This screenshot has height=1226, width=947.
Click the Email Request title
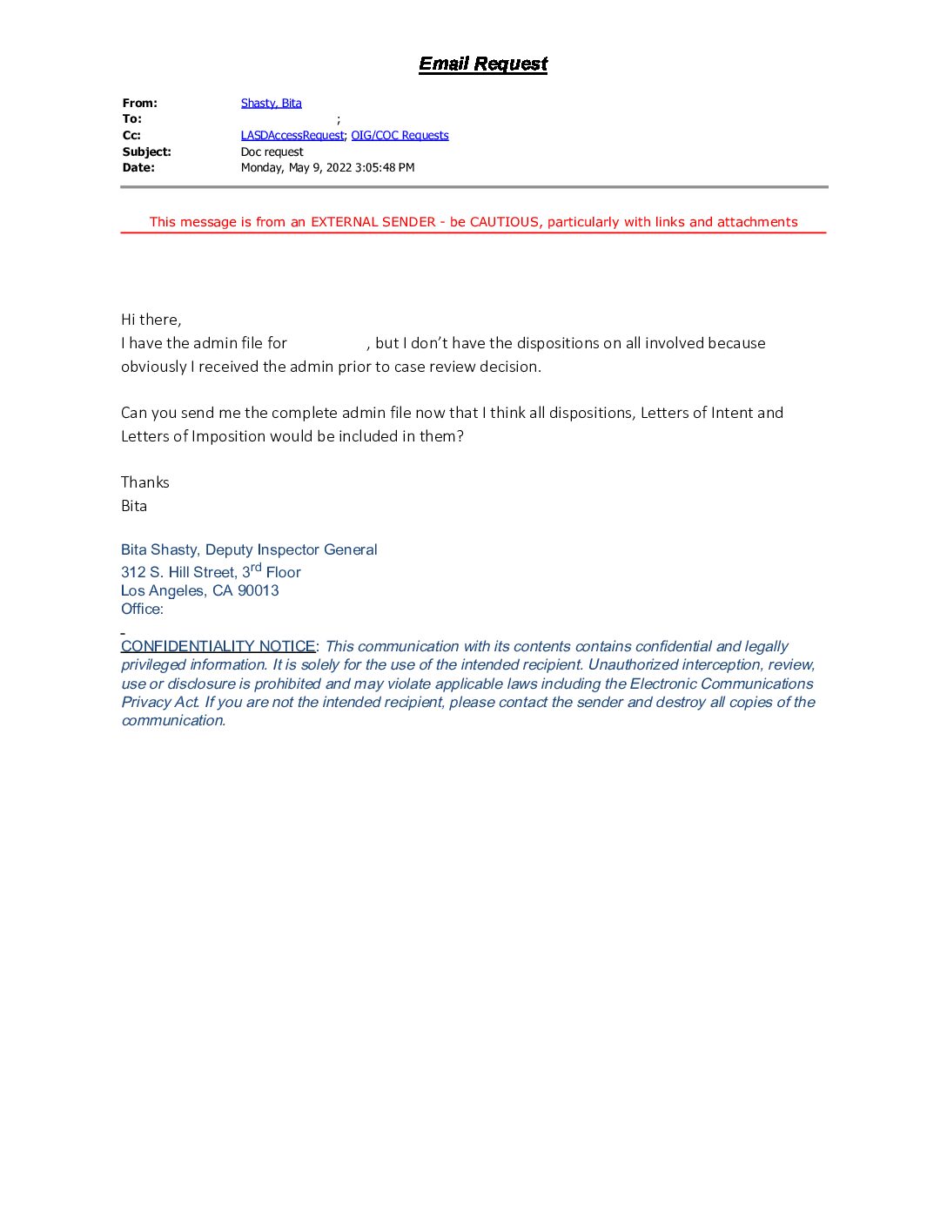(x=483, y=64)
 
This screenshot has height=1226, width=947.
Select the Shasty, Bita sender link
(x=271, y=103)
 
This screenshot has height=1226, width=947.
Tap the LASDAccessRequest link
(x=292, y=135)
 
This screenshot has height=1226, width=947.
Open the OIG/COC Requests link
(x=400, y=135)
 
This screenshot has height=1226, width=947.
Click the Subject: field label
(x=146, y=152)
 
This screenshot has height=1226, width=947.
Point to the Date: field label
(x=138, y=167)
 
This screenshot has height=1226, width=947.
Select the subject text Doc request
(x=272, y=152)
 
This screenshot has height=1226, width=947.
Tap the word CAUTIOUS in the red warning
(x=504, y=222)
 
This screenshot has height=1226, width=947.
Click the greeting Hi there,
(x=151, y=320)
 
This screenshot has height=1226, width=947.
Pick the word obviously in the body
(x=153, y=367)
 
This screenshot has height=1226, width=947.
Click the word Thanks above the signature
(x=144, y=482)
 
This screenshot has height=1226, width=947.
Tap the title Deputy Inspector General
(x=291, y=549)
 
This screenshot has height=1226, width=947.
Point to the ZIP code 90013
(x=258, y=590)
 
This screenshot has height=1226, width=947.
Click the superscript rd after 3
(x=256, y=568)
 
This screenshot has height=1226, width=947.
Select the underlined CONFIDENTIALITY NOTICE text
(x=218, y=646)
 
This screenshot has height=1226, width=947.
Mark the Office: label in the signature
(x=142, y=609)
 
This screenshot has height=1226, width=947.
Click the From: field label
(x=139, y=103)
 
